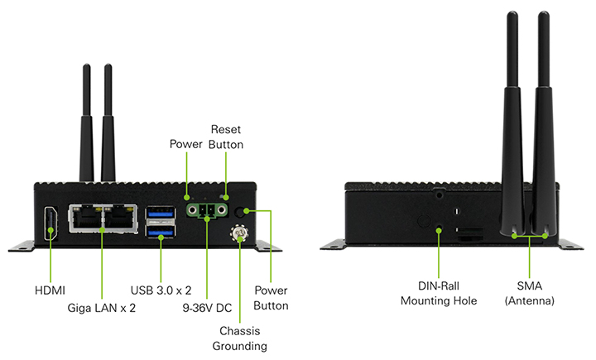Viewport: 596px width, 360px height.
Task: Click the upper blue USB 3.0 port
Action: point(160,214)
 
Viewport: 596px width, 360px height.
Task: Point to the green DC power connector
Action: point(207,211)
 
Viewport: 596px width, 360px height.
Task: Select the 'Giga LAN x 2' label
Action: point(102,308)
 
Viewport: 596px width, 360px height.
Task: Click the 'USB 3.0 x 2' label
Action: point(161,290)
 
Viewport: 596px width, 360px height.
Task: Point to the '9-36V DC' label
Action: point(207,308)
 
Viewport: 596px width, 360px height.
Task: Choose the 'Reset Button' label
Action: point(227,137)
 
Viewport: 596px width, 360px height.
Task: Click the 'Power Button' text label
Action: point(272,298)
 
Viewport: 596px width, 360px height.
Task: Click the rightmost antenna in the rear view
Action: point(543,124)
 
